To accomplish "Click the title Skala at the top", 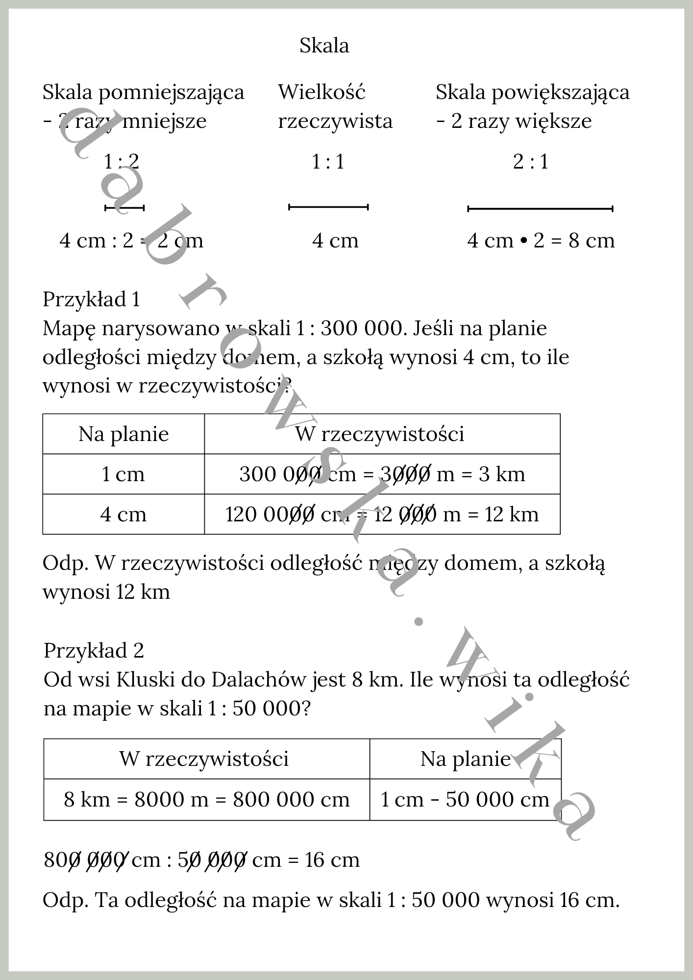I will tap(324, 46).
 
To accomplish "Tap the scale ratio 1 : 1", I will tap(328, 162).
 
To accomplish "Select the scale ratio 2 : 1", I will tap(530, 162).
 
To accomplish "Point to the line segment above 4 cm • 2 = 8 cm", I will tap(540, 209).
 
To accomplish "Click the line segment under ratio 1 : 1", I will tap(328, 207).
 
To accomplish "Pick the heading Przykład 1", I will tap(91, 299).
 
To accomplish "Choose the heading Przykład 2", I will tap(94, 651).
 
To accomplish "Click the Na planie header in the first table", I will tap(124, 434).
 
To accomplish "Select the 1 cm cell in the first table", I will tap(123, 474).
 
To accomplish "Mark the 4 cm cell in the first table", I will tap(123, 514).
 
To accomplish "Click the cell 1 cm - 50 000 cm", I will tap(465, 800).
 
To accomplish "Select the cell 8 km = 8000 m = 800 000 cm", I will tap(206, 800).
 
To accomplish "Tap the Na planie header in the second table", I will tap(465, 759).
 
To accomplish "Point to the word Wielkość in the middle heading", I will tap(322, 92).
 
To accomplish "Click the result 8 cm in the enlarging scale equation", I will tap(591, 241).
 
